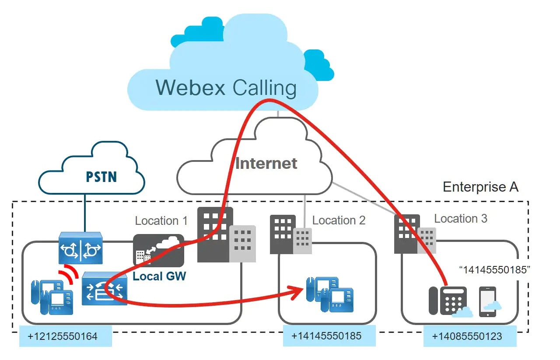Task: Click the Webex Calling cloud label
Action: pyautogui.click(x=226, y=87)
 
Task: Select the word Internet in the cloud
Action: pyautogui.click(x=266, y=164)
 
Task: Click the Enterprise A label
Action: pyautogui.click(x=480, y=187)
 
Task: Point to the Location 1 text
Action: pyautogui.click(x=161, y=221)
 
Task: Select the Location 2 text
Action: pyautogui.click(x=339, y=220)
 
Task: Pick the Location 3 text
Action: pyautogui.click(x=460, y=219)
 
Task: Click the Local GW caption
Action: pyautogui.click(x=159, y=276)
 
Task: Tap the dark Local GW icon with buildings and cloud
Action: pyautogui.click(x=158, y=250)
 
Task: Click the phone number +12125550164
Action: pyautogui.click(x=62, y=336)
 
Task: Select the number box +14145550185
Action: pyautogui.click(x=326, y=336)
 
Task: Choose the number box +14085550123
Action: pyautogui.click(x=467, y=336)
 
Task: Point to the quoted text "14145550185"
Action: pyautogui.click(x=494, y=270)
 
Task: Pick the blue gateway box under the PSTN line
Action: pyautogui.click(x=80, y=248)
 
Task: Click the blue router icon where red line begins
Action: pyautogui.click(x=104, y=288)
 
